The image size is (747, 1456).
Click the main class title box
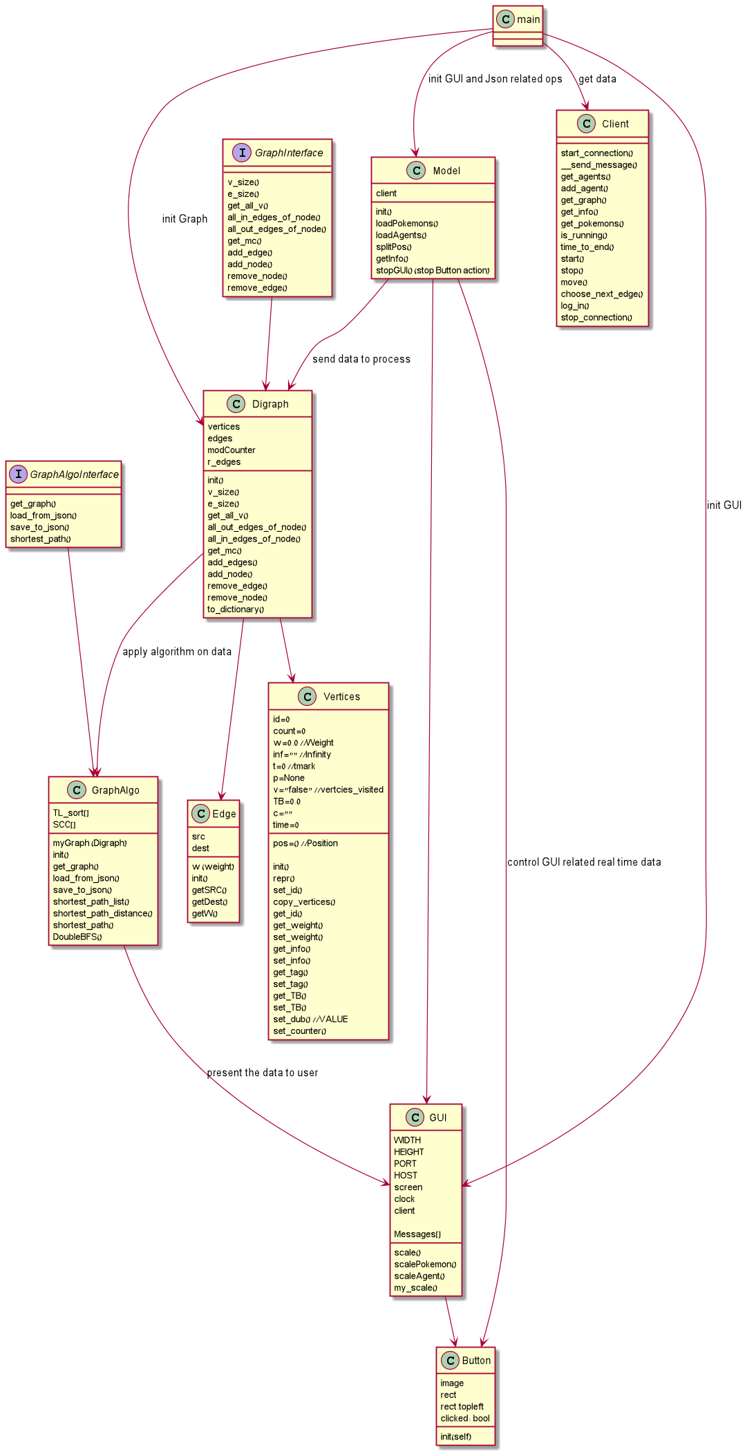click(x=518, y=19)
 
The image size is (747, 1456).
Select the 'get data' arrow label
click(x=597, y=79)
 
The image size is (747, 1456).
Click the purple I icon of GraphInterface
click(x=242, y=153)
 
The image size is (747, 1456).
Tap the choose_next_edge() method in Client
click(x=601, y=294)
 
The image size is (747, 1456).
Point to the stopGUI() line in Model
click(x=432, y=271)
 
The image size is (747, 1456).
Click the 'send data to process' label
click(x=361, y=359)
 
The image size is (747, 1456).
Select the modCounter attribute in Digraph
click(x=231, y=450)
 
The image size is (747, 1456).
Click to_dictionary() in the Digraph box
click(x=236, y=610)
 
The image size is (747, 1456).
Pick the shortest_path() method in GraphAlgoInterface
click(x=40, y=539)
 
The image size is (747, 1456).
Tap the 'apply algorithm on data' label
click(x=177, y=652)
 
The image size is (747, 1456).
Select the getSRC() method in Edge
click(x=209, y=890)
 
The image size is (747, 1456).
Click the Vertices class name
click(x=341, y=697)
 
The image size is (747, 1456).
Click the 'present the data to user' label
click(x=263, y=1073)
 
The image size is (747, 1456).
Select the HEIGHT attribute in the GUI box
click(x=409, y=1152)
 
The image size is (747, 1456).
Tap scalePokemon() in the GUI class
click(x=425, y=1265)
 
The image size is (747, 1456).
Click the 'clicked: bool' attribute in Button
click(x=465, y=1419)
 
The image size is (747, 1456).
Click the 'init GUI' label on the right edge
click(x=724, y=506)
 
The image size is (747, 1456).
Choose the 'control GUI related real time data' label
click(x=584, y=862)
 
